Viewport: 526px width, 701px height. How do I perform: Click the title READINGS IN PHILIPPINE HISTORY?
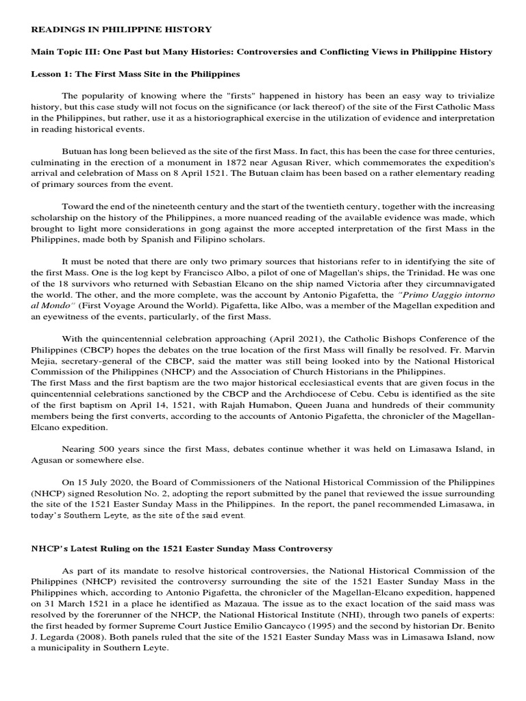[x=121, y=29]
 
